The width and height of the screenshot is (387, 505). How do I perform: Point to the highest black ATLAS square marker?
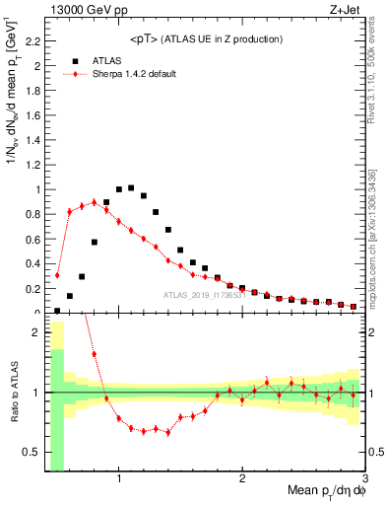click(x=131, y=187)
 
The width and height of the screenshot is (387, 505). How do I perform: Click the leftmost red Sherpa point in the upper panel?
click(x=57, y=275)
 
